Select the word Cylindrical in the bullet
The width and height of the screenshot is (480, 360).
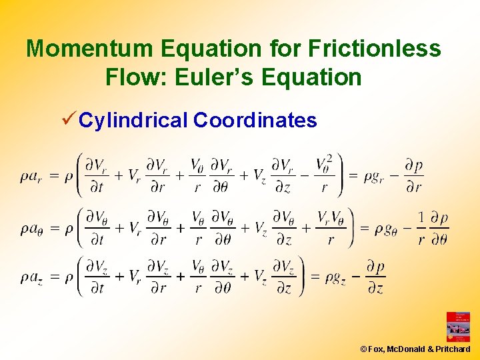(x=134, y=121)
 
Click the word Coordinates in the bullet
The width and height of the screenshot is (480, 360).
(x=255, y=121)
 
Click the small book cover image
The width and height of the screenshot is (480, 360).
(x=458, y=327)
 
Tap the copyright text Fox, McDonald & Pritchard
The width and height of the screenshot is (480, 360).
(x=415, y=349)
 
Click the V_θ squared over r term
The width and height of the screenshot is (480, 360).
(x=325, y=175)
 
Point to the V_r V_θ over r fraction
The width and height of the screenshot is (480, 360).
(x=331, y=228)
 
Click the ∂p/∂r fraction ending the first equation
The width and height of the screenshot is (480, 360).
(x=413, y=176)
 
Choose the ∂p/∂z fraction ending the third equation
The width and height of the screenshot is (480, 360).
(x=375, y=276)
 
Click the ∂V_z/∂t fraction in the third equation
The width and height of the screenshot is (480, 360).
(x=97, y=276)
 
